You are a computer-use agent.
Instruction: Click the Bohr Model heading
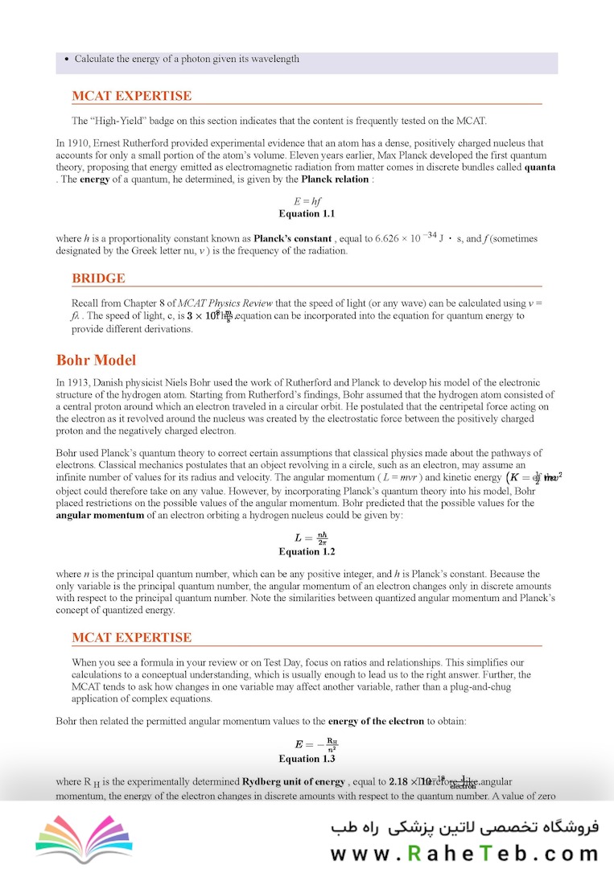[x=96, y=360]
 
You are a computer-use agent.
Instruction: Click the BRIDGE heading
[x=98, y=278]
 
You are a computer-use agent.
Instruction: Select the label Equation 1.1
[x=307, y=214]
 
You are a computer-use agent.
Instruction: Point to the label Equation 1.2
[x=307, y=551]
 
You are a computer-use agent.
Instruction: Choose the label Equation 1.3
[x=307, y=758]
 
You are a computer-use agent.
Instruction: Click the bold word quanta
[x=539, y=167]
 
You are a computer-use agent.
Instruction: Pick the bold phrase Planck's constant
[x=292, y=239]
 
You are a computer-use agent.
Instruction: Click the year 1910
[x=77, y=143]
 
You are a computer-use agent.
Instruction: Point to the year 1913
[x=77, y=383]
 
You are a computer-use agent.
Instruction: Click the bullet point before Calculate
[x=65, y=59]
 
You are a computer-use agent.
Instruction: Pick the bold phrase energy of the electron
[x=376, y=721]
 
